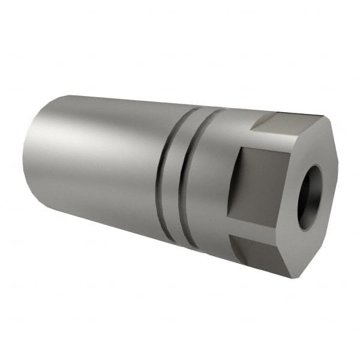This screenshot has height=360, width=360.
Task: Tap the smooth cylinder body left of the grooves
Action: coord(96,156)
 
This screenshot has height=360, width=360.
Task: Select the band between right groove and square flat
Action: coord(213,180)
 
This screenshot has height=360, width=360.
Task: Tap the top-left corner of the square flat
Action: coord(238,146)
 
